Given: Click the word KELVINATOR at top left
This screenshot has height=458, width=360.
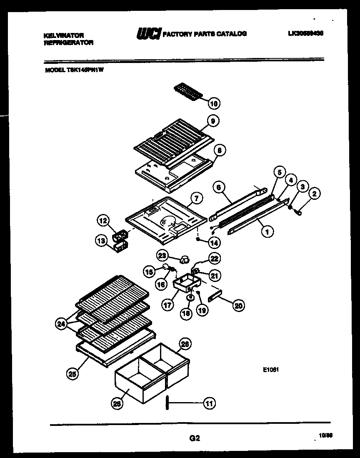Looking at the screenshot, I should click(64, 36).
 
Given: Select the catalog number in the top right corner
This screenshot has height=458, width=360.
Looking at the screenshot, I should click(305, 34).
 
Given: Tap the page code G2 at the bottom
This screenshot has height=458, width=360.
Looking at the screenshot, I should click(195, 438).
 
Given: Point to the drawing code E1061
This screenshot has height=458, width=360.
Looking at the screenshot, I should click(270, 369).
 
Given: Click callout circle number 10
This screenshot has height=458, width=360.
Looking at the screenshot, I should click(214, 103).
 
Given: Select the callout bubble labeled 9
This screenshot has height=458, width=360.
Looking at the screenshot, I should click(212, 121).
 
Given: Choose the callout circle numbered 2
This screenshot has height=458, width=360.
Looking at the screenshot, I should click(315, 194).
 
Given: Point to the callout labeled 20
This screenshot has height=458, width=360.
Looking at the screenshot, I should click(238, 306).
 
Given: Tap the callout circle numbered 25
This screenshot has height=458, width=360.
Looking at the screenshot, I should click(72, 374).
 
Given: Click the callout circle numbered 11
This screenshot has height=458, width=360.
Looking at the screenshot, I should click(210, 403).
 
